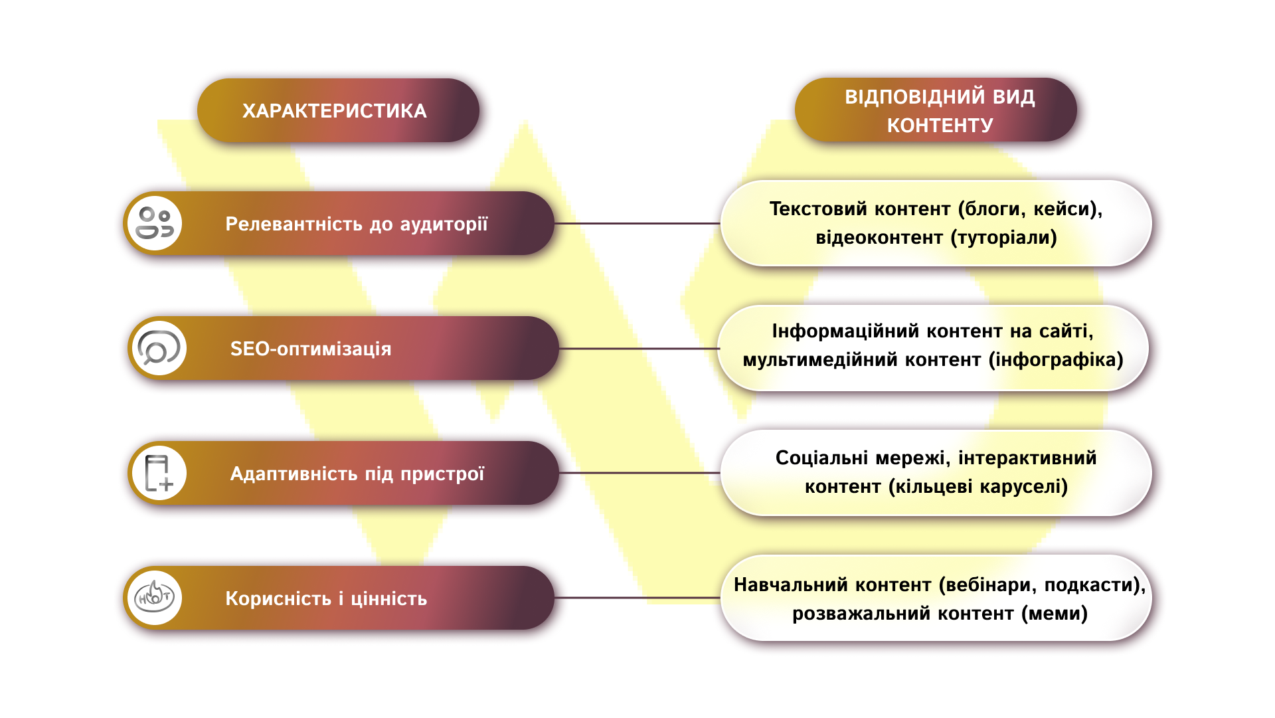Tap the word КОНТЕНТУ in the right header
pyautogui.click(x=940, y=125)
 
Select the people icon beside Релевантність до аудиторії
pyautogui.click(x=155, y=223)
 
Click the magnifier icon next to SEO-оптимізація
pyautogui.click(x=159, y=348)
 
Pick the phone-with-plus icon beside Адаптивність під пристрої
pyautogui.click(x=159, y=473)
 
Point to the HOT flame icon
pyautogui.click(x=155, y=598)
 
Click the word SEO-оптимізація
pyautogui.click(x=311, y=349)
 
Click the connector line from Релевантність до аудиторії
pyautogui.click(x=637, y=223)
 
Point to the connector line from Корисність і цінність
pyautogui.click(x=637, y=598)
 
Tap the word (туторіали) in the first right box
pyautogui.click(x=1003, y=237)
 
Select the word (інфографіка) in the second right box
pyautogui.click(x=1056, y=359)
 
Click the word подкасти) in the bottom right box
pyautogui.click(x=1095, y=584)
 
